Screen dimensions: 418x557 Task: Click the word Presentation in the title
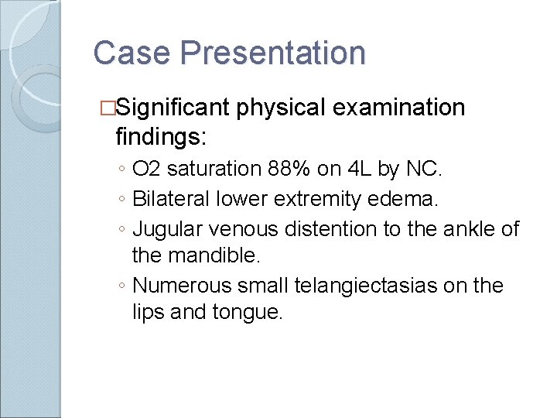pyautogui.click(x=273, y=53)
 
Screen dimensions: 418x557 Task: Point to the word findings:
pyautogui.click(x=161, y=137)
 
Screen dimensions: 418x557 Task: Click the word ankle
pyautogui.click(x=464, y=228)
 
